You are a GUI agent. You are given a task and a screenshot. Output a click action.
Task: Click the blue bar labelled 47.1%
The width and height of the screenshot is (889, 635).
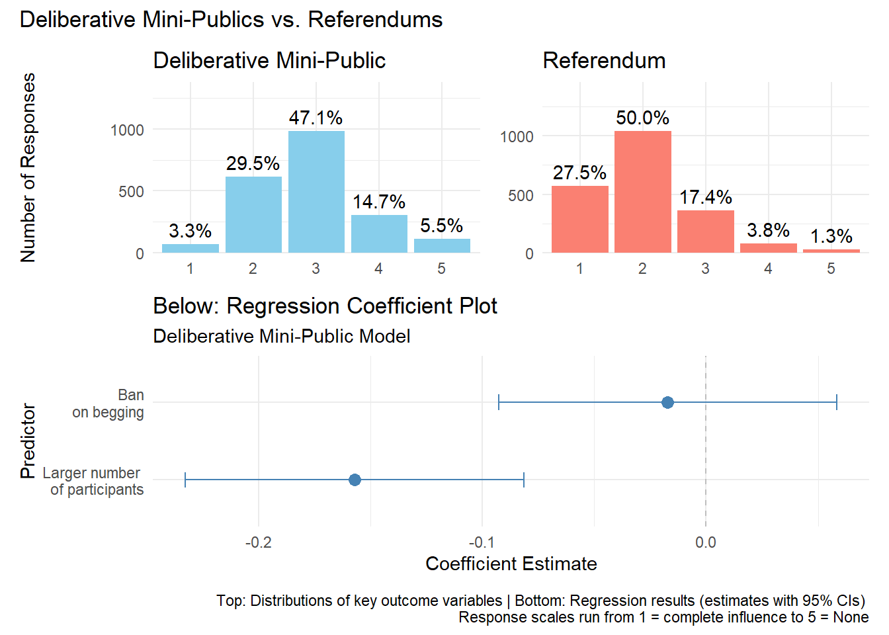[x=316, y=192]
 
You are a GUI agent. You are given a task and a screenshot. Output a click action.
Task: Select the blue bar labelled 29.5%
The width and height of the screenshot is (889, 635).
[x=253, y=214]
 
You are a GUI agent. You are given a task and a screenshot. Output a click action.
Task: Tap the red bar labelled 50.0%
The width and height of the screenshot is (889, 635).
[x=642, y=192]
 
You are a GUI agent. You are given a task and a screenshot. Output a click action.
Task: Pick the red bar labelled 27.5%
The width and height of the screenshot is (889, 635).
[x=579, y=219]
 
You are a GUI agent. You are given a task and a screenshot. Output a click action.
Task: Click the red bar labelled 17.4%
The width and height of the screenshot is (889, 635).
[x=705, y=231]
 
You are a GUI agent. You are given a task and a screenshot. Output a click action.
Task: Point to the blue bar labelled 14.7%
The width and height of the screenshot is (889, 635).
[x=379, y=233]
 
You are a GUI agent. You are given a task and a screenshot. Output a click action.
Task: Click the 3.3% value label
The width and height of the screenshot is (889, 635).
[x=190, y=231]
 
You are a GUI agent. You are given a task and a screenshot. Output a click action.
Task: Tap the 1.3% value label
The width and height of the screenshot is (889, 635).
[x=831, y=236]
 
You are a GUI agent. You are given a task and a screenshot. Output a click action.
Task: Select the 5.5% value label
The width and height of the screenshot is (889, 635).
[x=441, y=226]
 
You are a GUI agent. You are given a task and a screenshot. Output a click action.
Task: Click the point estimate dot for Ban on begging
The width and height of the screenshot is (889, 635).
[x=667, y=402]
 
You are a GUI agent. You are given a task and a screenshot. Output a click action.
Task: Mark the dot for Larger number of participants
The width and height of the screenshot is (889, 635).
[x=355, y=480]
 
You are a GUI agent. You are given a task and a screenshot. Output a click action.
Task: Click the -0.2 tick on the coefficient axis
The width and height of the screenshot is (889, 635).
[x=258, y=542]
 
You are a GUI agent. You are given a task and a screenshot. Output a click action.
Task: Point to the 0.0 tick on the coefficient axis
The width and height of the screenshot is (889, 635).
[x=705, y=542]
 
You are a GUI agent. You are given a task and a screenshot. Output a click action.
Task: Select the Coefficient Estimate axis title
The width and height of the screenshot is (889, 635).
[x=511, y=564]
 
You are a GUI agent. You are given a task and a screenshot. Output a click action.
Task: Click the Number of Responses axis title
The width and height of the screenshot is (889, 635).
[x=28, y=167]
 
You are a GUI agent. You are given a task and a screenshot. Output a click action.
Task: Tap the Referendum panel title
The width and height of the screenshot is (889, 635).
[x=604, y=61]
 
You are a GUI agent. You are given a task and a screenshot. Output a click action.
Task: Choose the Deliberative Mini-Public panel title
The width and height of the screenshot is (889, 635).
[x=269, y=61]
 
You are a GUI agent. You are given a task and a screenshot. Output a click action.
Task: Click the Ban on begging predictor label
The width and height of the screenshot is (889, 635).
[x=108, y=403]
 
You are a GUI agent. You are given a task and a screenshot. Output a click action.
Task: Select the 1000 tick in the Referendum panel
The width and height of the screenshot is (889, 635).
[x=516, y=137]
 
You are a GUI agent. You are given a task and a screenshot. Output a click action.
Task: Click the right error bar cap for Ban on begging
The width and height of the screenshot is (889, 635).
[x=837, y=402]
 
